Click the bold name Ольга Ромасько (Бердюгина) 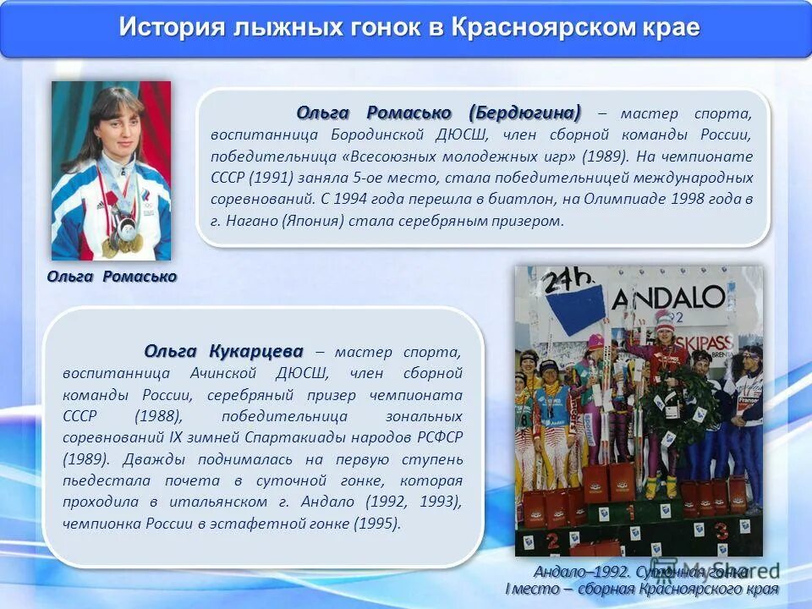pyautogui.click(x=439, y=113)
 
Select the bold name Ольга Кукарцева pyautogui.click(x=223, y=351)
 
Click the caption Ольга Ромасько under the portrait pyautogui.click(x=112, y=277)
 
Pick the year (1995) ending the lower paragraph pyautogui.click(x=378, y=524)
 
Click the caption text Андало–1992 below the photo pyautogui.click(x=572, y=571)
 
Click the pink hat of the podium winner pyautogui.click(x=665, y=318)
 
